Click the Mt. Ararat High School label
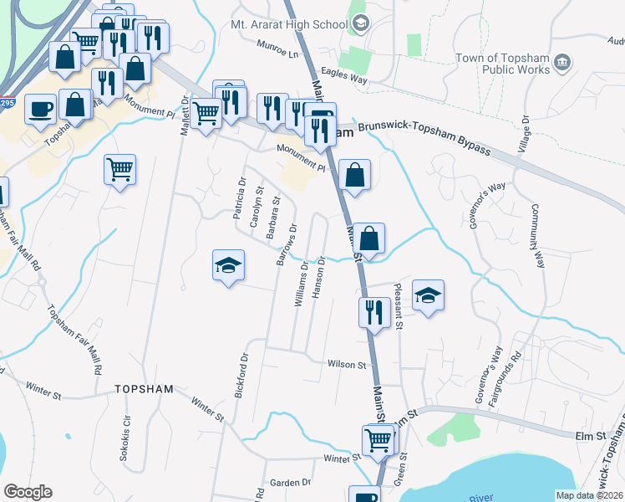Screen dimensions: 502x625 tap(288, 25)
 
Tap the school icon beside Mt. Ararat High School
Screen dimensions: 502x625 tap(360, 23)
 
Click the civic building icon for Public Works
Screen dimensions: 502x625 tap(562, 61)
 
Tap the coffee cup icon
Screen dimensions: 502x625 tap(40, 108)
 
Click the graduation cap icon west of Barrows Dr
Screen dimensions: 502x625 tap(228, 265)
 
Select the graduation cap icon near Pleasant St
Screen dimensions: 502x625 tap(428, 295)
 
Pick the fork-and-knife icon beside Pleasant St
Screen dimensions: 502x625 tap(373, 312)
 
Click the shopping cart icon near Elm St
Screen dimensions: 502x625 tap(378, 438)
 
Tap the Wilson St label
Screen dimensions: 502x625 tap(348, 365)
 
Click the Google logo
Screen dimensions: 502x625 tap(28, 492)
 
